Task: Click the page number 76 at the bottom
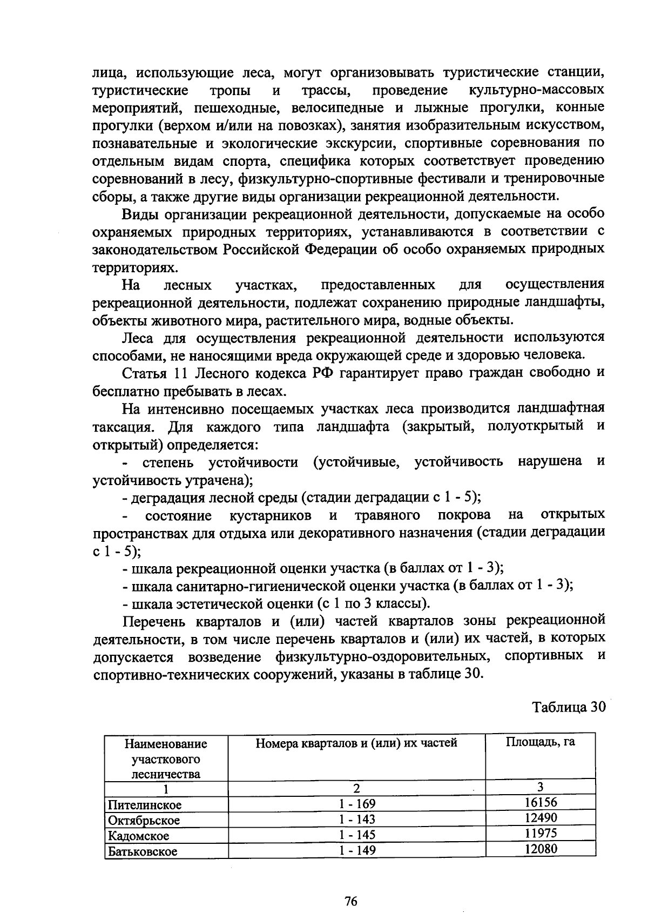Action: [x=351, y=901]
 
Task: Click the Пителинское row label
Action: [x=145, y=805]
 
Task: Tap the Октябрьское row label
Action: [x=144, y=821]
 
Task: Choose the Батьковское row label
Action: [x=143, y=852]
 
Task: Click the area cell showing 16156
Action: [x=541, y=802]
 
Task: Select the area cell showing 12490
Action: [x=541, y=817]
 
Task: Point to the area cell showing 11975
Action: [x=541, y=833]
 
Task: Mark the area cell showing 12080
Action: [x=541, y=849]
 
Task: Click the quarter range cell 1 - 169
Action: [x=357, y=804]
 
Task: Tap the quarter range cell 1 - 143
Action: [x=357, y=820]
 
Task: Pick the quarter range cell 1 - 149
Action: [x=357, y=851]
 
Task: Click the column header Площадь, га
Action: [x=540, y=742]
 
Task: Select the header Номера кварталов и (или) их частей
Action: [x=356, y=743]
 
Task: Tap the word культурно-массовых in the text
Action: [x=536, y=90]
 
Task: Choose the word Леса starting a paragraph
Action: [x=138, y=338]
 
